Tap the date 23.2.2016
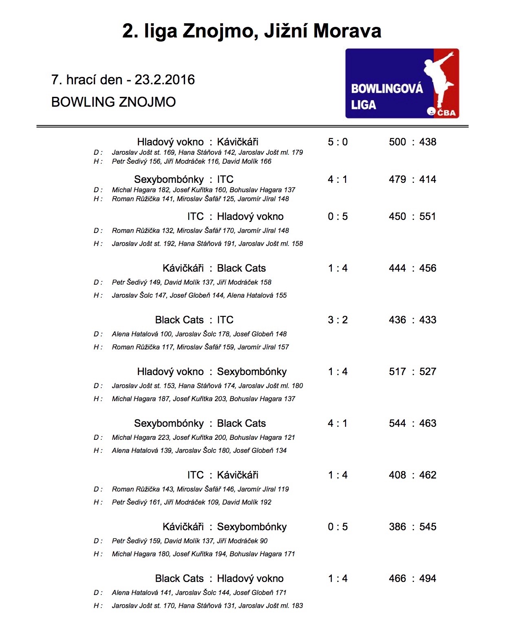pos(165,80)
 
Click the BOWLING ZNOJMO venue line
pos(113,102)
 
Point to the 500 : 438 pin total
pos(412,142)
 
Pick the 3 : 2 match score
pos(337,320)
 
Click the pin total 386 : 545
pos(412,527)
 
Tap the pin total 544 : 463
pos(412,424)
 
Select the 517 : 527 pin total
pos(412,372)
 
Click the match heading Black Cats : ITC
pos(194,320)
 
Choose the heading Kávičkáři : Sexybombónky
pos(224,527)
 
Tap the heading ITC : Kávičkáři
pos(223,475)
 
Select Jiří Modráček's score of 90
pos(264,541)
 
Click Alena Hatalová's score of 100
pos(166,334)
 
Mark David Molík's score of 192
pos(265,503)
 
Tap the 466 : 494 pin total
pos(412,579)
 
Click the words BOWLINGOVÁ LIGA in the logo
pos(386,97)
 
